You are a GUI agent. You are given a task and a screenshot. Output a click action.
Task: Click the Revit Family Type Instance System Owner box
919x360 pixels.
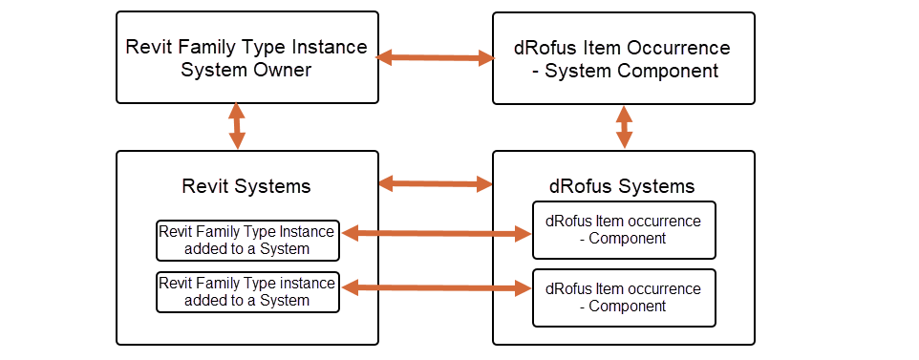[x=246, y=57]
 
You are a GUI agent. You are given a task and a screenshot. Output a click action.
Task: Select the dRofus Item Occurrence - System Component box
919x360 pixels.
[x=623, y=57]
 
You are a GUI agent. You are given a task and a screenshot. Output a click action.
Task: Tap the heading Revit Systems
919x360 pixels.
[x=246, y=185]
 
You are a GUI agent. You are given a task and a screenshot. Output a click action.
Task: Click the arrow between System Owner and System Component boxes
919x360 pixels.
[x=435, y=58]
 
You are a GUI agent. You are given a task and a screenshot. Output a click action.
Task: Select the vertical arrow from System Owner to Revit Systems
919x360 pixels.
[x=236, y=126]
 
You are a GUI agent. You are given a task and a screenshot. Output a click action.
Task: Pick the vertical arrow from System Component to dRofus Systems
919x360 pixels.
[x=624, y=126]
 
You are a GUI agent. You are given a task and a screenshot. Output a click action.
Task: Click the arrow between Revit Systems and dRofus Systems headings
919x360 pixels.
[x=435, y=182]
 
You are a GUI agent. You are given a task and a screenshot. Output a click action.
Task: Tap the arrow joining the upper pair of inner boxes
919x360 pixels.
[x=436, y=232]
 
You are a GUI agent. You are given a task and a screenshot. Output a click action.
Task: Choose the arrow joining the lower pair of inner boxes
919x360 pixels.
[x=436, y=286]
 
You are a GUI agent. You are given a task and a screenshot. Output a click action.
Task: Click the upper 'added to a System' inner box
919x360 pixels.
[x=247, y=241]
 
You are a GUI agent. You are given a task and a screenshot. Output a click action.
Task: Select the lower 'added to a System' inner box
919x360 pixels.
[x=247, y=292]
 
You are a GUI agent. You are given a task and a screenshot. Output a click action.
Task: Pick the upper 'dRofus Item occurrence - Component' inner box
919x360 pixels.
[x=623, y=230]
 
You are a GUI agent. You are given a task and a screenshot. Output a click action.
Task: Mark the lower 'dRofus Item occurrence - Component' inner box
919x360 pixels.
[x=623, y=297]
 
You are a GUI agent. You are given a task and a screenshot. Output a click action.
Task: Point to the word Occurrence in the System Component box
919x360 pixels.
[x=680, y=48]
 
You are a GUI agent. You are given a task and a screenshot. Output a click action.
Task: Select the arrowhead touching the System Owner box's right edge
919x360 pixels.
[x=385, y=58]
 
